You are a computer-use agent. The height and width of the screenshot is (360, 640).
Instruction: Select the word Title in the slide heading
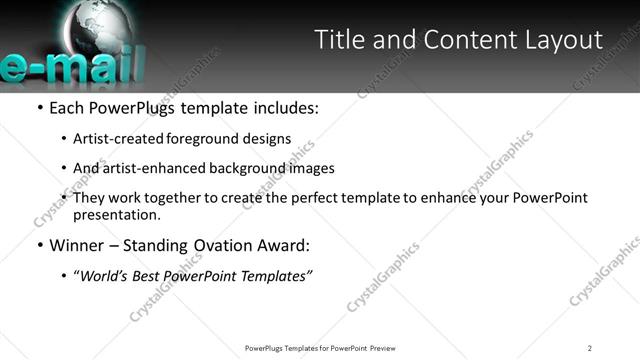coord(340,40)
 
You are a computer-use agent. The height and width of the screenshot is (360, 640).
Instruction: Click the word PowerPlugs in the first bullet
coord(137,108)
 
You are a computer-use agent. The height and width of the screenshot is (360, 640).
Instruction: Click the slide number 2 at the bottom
coord(590,348)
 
